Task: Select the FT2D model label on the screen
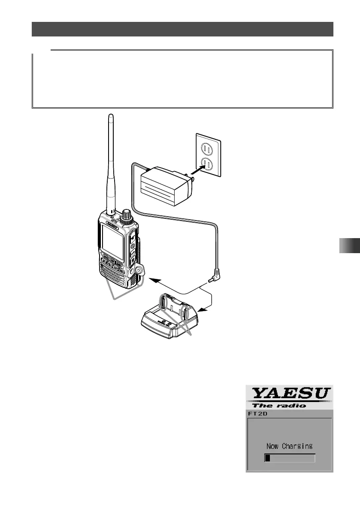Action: coord(257,414)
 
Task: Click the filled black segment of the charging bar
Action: coord(267,458)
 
